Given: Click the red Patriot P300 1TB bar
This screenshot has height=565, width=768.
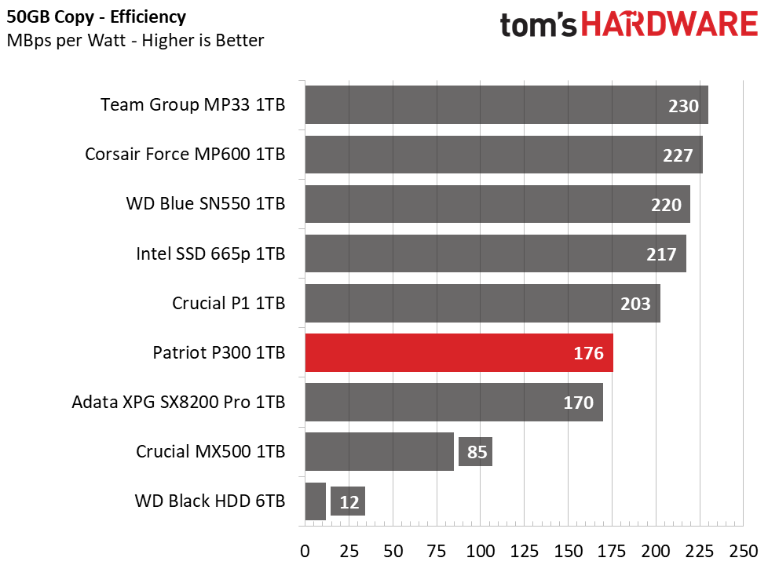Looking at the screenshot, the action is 459,352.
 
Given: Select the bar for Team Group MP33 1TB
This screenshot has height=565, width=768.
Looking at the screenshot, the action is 507,105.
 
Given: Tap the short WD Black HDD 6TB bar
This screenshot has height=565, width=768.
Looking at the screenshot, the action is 316,501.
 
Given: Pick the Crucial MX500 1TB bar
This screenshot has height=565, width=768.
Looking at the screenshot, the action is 379,451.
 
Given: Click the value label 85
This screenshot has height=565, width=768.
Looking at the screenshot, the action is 476,452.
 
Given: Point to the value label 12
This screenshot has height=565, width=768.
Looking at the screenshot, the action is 348,501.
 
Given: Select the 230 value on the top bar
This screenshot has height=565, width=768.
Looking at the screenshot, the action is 683,106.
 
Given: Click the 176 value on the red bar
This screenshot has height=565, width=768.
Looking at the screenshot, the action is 588,353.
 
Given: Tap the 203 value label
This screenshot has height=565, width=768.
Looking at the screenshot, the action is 635,304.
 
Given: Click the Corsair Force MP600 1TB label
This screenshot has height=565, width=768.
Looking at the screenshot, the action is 185,155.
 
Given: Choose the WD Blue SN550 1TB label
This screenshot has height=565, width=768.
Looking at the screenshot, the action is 206,204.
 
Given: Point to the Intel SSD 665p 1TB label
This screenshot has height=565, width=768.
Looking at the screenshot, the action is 210,253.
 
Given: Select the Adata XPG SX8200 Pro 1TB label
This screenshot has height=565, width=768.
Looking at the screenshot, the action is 178,402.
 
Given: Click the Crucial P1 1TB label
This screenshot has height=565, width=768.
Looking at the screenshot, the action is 229,303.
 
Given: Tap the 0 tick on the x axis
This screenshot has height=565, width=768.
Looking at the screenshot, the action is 305,552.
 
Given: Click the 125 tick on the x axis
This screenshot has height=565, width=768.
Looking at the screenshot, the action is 524,552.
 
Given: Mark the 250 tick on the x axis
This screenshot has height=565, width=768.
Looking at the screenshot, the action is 744,552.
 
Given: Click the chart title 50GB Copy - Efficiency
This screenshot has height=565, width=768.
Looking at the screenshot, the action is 97,17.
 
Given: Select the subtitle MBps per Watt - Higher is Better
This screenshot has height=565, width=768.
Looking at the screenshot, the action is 136,40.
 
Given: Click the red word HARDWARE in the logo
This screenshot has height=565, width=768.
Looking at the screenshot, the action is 670,24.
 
